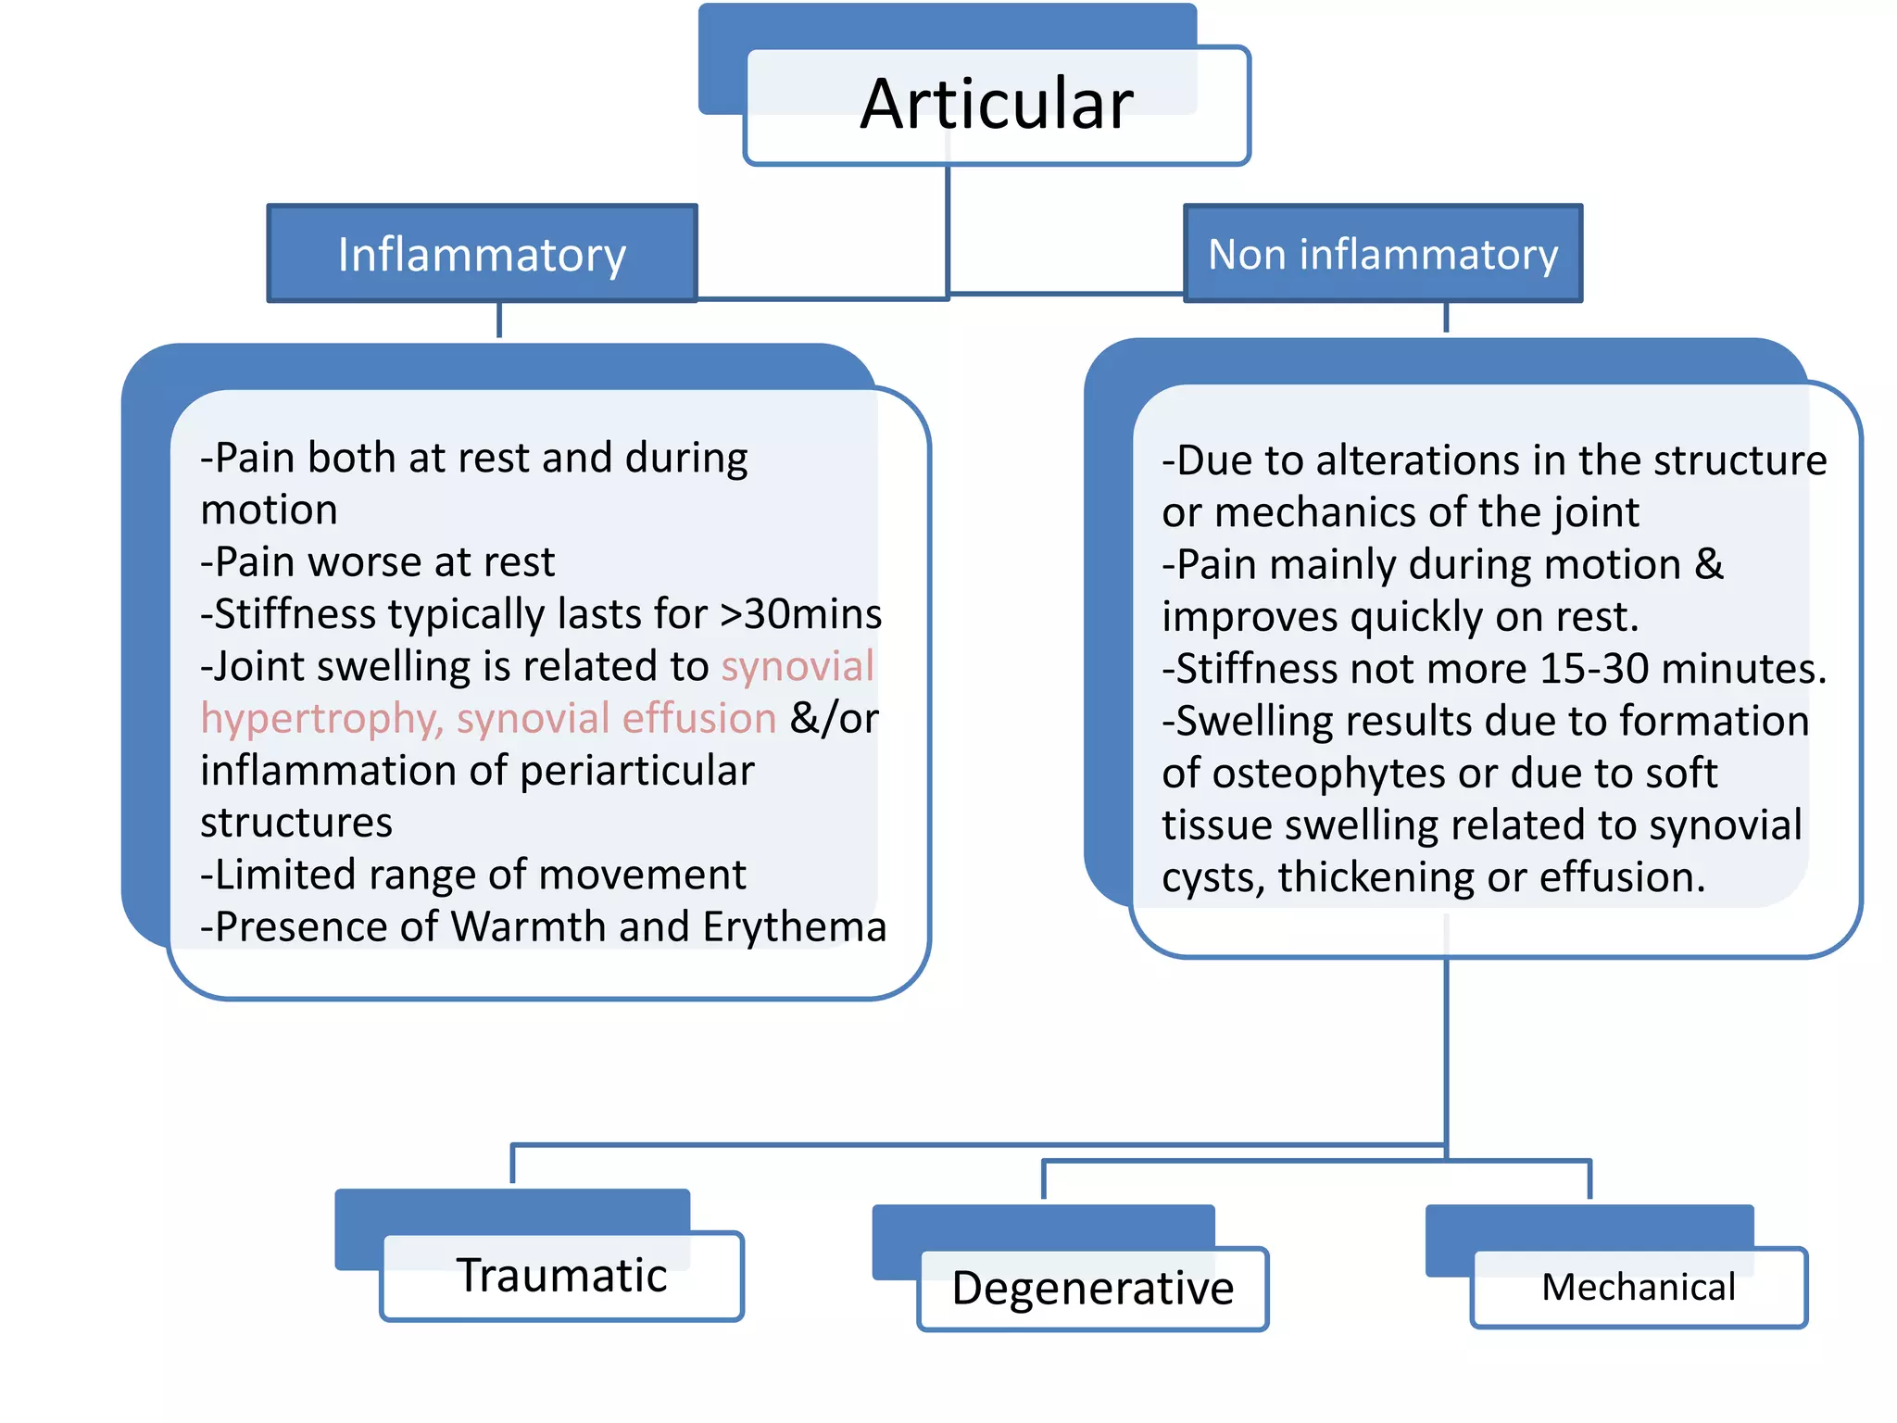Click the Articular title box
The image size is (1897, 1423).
(997, 104)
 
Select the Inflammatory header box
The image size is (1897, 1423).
(482, 254)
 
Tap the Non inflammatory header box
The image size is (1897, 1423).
(1383, 254)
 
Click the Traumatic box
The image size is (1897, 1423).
(561, 1275)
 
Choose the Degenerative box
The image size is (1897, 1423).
(1093, 1288)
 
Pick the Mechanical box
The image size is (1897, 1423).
(1639, 1287)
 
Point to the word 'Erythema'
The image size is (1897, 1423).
(794, 926)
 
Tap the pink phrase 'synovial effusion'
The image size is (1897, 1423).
(616, 718)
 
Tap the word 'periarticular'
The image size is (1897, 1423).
(637, 771)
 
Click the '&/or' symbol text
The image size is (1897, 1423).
(834, 718)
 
